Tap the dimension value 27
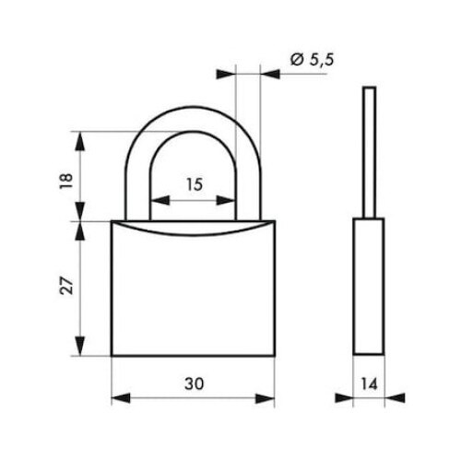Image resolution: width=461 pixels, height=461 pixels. (x=62, y=287)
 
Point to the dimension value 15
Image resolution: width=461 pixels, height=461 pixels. (x=193, y=183)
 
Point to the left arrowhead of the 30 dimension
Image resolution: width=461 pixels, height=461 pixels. (x=118, y=398)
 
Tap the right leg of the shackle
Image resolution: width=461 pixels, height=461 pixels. (x=248, y=184)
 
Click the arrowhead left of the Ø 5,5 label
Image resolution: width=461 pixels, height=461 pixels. (x=227, y=71)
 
